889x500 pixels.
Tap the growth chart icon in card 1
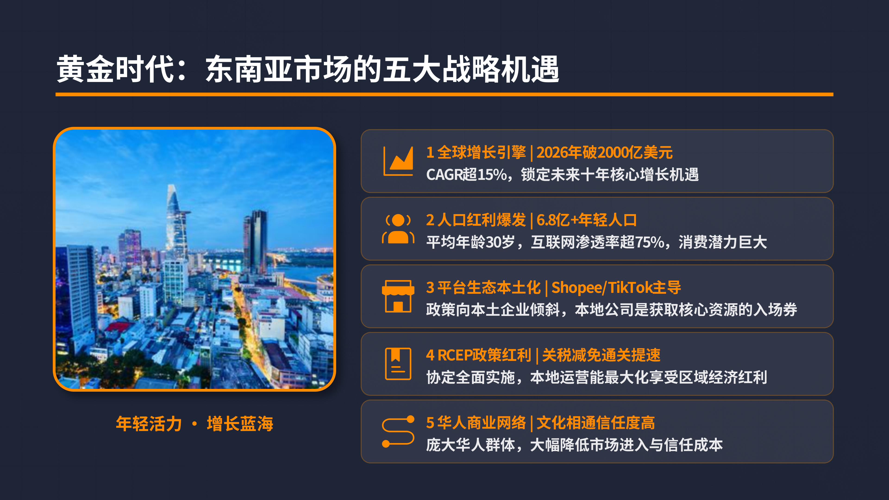398,161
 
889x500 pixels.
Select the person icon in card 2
398,228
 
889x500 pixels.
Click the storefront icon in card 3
398,296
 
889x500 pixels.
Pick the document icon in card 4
398,364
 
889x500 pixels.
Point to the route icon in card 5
398,431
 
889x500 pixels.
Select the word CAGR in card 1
444,175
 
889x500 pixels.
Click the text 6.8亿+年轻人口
587,220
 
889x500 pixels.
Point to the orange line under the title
444,94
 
